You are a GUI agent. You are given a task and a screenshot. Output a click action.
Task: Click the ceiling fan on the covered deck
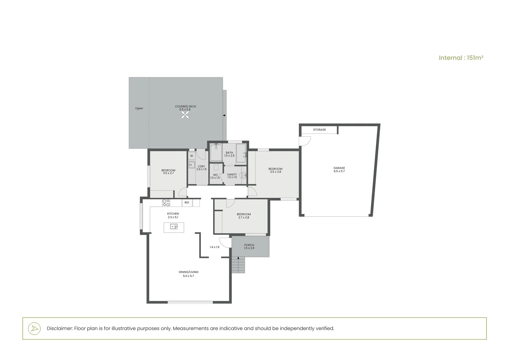[186, 115]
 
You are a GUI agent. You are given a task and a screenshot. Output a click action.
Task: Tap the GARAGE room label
[339, 168]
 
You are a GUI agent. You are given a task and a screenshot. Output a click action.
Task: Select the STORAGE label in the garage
[319, 130]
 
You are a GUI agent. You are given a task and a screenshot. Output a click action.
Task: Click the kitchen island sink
[174, 227]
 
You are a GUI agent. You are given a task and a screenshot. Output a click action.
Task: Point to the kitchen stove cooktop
[166, 203]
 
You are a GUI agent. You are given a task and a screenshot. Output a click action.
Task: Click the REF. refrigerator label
[187, 203]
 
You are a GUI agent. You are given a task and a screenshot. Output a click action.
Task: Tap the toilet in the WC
[216, 167]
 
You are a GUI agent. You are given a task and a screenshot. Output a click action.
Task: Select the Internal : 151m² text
[461, 58]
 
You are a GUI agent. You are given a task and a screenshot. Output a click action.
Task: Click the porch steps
[238, 266]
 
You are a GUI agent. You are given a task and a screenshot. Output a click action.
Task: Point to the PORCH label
[249, 245]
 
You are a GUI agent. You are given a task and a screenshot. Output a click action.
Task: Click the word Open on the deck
[139, 108]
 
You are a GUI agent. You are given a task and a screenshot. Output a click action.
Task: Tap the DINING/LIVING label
[188, 272]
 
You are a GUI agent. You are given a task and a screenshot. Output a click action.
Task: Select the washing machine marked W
[192, 156]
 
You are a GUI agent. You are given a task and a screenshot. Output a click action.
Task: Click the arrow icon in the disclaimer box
[34, 328]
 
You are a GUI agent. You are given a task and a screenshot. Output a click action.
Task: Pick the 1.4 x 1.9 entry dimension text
[215, 247]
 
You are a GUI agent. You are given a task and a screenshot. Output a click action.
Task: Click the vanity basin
[244, 175]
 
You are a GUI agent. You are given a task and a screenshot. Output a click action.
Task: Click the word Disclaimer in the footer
[59, 328]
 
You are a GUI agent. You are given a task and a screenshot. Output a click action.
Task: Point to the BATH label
[229, 153]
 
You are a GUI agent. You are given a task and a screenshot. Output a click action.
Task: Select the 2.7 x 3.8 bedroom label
[244, 218]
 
